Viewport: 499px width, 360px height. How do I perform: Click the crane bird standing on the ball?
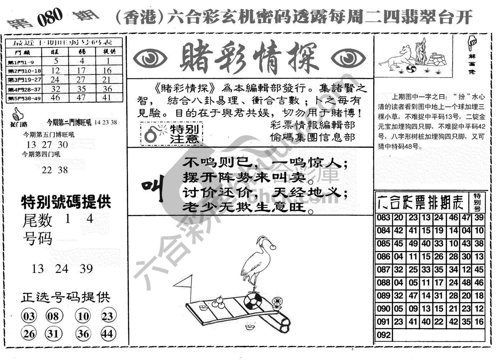click(257, 262)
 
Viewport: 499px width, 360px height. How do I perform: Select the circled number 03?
click(29, 316)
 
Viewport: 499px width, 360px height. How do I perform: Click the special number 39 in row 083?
click(479, 218)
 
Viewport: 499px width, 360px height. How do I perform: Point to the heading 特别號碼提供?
click(66, 202)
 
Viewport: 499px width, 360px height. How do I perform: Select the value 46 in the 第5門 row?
click(55, 97)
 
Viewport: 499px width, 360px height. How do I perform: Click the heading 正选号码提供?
click(65, 297)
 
